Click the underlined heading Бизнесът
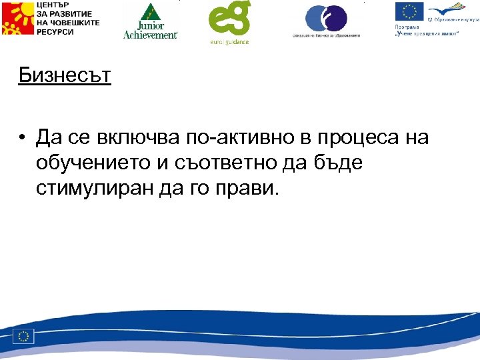(65, 75)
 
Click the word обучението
(100, 163)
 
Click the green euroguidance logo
(229, 23)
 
